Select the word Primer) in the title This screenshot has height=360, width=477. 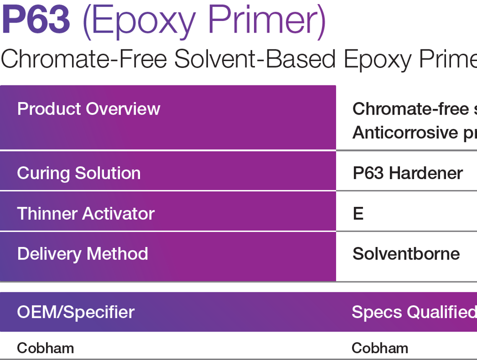coord(267,21)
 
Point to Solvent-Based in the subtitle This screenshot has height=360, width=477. coord(255,59)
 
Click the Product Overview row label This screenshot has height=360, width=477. coord(88,109)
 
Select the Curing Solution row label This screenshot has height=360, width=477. coord(78,173)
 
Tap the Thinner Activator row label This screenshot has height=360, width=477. coord(85,213)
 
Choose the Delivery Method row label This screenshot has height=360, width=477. coord(82,253)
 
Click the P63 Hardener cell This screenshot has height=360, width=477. coord(407,173)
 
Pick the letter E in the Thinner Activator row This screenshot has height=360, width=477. coord(358,214)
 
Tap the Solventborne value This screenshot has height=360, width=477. coord(406,253)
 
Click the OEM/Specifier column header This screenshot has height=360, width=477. coord(75,312)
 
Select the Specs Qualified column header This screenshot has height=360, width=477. coord(414,312)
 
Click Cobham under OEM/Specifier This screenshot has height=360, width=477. coord(45,348)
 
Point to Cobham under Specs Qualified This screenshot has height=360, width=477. coord(380,348)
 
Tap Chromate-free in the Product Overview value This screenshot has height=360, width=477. coord(410,109)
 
